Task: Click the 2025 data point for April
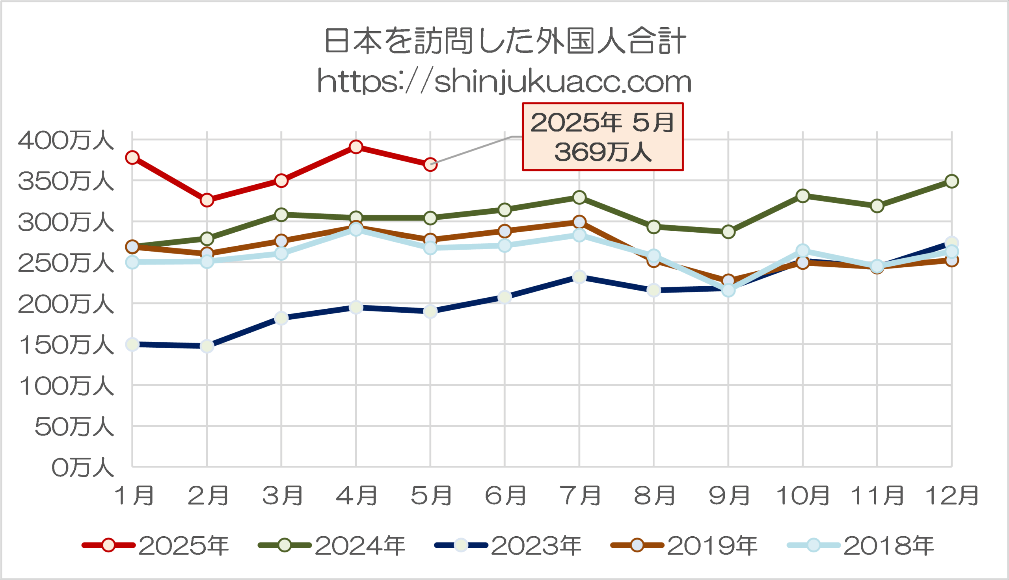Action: [x=356, y=147]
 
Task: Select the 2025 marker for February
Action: [x=207, y=200]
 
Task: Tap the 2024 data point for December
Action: [x=951, y=181]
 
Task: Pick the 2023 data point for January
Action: [x=132, y=344]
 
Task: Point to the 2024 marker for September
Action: [x=728, y=232]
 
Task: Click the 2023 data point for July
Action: [x=579, y=277]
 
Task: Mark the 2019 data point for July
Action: [x=579, y=222]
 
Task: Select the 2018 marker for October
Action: [x=802, y=250]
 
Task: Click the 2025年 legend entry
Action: [x=155, y=545]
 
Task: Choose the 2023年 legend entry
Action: [x=508, y=545]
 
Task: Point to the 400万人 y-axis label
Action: [x=66, y=141]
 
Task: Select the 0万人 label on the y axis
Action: [x=82, y=468]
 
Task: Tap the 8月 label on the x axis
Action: [x=654, y=496]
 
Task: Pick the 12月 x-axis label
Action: [x=951, y=496]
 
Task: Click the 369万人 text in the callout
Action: [x=602, y=152]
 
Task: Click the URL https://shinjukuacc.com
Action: [x=504, y=82]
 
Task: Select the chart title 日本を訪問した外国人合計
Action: [x=504, y=41]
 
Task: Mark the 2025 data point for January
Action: [x=132, y=158]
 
